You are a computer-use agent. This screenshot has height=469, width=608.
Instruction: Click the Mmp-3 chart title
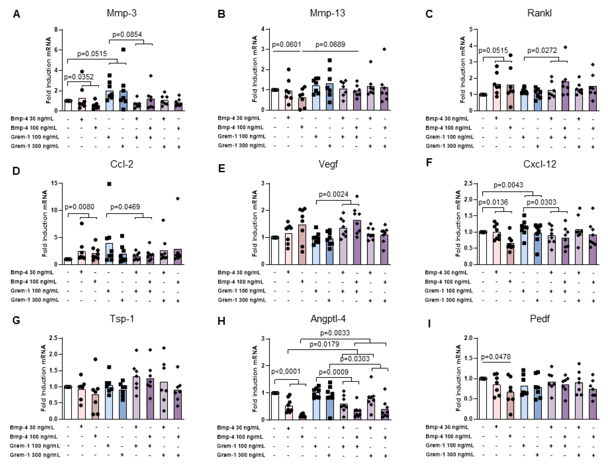point(122,13)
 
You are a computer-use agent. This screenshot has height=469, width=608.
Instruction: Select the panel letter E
point(222,169)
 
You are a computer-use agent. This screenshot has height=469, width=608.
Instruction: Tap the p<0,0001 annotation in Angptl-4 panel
point(286,371)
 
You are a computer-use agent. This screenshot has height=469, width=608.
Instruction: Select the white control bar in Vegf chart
point(275,251)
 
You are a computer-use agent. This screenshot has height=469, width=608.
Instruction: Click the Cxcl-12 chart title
point(540,164)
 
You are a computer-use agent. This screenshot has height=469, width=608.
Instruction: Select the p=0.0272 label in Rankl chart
point(542,50)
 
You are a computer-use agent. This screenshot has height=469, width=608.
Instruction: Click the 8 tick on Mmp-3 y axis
point(56,29)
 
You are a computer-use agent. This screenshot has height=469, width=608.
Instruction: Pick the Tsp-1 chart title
point(122,318)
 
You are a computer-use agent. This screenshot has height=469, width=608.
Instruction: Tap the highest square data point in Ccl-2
point(109,184)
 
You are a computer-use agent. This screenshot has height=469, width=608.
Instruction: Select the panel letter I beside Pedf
point(429,324)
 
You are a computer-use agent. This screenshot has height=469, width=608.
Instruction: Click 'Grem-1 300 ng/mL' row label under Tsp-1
point(35,455)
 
